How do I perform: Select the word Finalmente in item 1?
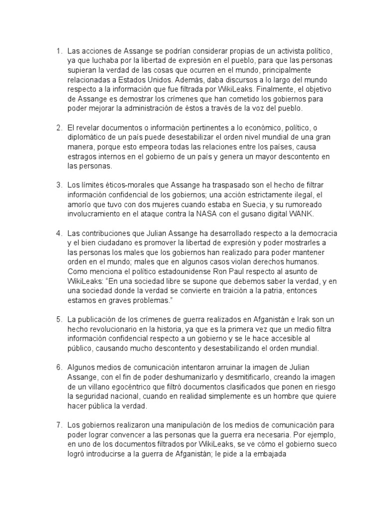tap(278, 89)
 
